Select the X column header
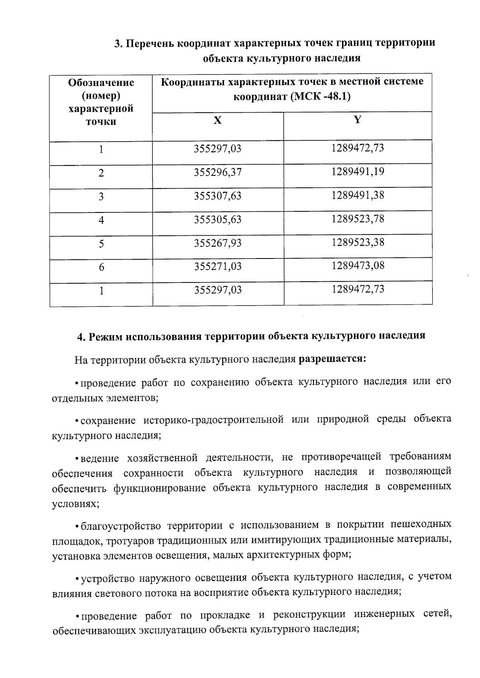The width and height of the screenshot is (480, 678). tap(217, 120)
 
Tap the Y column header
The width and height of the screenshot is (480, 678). tap(358, 119)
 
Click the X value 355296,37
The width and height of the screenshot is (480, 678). tap(218, 172)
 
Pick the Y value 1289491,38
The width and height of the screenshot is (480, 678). tap(358, 195)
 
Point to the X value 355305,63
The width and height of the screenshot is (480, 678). tap(218, 219)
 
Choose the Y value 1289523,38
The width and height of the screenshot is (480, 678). tap(358, 242)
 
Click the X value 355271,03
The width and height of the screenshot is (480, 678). tap(218, 266)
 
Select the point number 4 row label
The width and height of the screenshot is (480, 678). tap(101, 220)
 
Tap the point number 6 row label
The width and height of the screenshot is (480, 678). tap(101, 267)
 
